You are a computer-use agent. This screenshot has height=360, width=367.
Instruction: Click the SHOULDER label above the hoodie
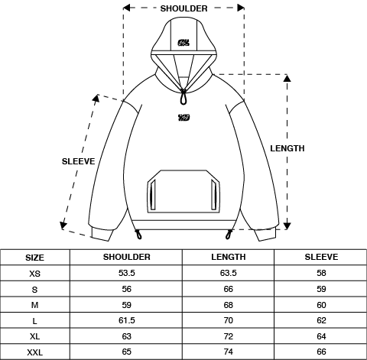tap(183, 8)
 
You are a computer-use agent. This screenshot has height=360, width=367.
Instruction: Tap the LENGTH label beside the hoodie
tap(287, 148)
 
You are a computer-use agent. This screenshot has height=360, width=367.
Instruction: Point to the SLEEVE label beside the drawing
tap(78, 161)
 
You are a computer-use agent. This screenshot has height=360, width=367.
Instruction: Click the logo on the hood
tap(183, 43)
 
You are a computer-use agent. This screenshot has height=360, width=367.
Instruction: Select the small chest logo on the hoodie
tap(183, 117)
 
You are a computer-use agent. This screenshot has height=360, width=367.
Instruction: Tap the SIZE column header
tap(35, 258)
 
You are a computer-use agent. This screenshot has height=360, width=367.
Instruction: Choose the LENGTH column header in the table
tap(228, 257)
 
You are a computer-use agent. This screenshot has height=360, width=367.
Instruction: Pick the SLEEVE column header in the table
tap(321, 257)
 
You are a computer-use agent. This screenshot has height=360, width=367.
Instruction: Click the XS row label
tap(35, 274)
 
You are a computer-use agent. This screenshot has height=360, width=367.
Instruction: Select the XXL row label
tap(35, 351)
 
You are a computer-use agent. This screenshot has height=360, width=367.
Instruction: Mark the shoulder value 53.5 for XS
tap(126, 273)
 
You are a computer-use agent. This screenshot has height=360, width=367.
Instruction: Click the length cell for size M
tap(228, 304)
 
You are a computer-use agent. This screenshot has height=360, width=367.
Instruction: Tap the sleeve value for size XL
tap(321, 336)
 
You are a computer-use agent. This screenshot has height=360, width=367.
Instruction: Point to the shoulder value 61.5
tap(126, 320)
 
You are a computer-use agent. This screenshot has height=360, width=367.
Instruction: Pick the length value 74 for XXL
tap(228, 351)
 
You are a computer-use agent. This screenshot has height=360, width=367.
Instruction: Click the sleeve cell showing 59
tap(321, 289)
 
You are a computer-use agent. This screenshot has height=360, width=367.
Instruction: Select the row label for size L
tap(35, 321)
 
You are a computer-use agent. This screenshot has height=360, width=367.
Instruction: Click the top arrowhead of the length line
tap(287, 77)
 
